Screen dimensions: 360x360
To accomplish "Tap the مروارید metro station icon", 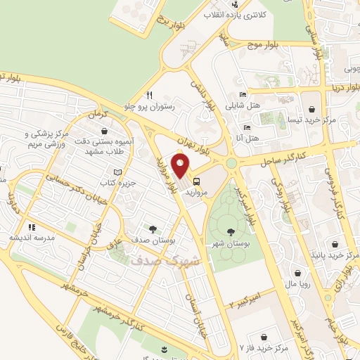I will (195, 179).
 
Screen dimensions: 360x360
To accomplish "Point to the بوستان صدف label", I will (152, 240).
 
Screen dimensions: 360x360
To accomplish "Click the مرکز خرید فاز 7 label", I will (263, 347).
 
